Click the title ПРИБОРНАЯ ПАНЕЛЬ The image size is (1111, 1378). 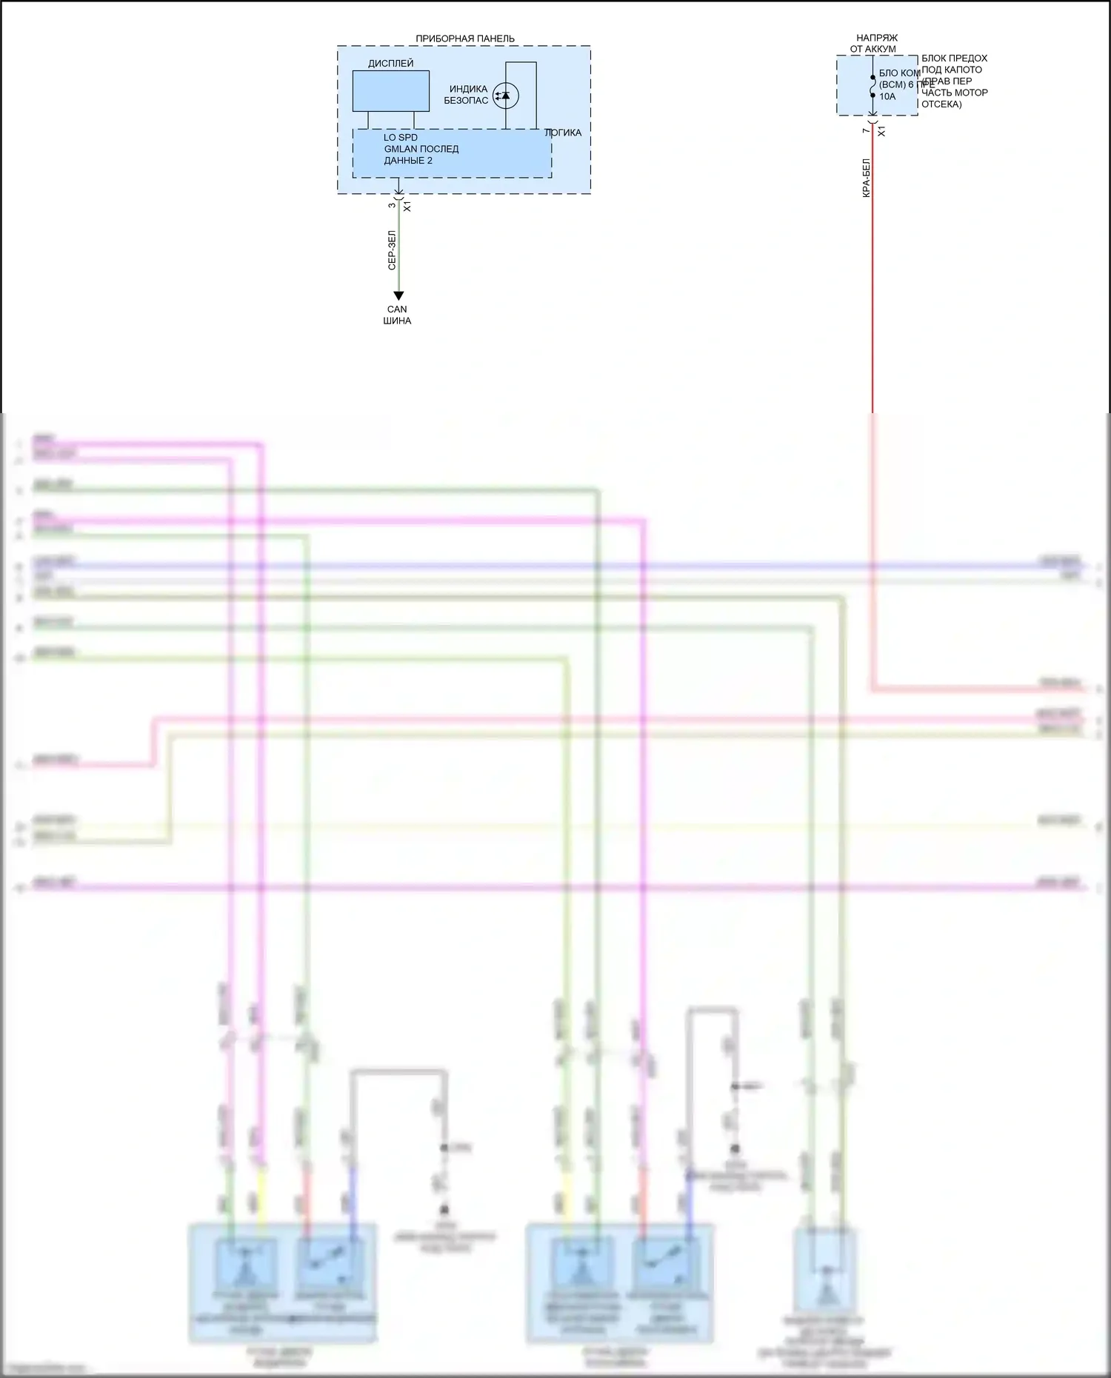(464, 39)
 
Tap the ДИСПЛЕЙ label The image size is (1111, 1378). (390, 64)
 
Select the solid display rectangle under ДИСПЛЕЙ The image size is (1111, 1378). (390, 91)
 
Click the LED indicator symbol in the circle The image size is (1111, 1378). (506, 96)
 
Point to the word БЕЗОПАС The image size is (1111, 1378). (466, 101)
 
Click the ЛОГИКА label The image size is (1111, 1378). (563, 133)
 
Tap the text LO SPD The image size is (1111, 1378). (400, 138)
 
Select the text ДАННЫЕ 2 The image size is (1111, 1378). (407, 161)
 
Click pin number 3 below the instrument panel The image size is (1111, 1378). (392, 206)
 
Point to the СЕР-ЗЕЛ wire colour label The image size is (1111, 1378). (393, 250)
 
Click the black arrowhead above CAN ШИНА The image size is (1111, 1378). (398, 296)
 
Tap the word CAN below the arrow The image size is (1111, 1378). (397, 310)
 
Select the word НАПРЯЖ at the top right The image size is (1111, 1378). (876, 38)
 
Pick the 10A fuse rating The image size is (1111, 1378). (887, 96)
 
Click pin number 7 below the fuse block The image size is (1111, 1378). (865, 130)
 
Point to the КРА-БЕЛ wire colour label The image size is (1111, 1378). (867, 178)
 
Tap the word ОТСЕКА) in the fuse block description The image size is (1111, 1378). (941, 104)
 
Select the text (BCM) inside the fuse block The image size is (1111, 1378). (892, 85)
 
